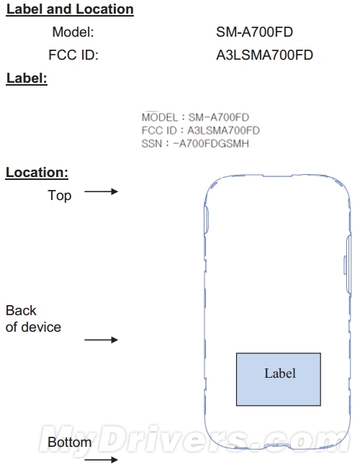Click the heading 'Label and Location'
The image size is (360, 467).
pyautogui.click(x=70, y=9)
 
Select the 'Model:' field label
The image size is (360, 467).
pyautogui.click(x=73, y=32)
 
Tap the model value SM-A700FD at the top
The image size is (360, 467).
pyautogui.click(x=254, y=32)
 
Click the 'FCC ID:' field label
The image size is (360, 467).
pyautogui.click(x=73, y=55)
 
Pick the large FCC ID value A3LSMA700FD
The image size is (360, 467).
pyautogui.click(x=265, y=55)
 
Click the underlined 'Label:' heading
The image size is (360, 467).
pyautogui.click(x=27, y=78)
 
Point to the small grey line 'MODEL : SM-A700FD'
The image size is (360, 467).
pyautogui.click(x=195, y=117)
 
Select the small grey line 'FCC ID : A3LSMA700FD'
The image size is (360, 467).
pyautogui.click(x=201, y=130)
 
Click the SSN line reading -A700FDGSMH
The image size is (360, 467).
pyautogui.click(x=195, y=144)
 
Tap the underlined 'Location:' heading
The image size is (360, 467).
pyautogui.click(x=37, y=173)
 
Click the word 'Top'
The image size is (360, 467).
pyautogui.click(x=60, y=196)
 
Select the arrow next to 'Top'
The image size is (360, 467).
pyautogui.click(x=102, y=191)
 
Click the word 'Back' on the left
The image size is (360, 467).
pyautogui.click(x=21, y=311)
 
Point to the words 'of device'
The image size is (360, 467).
pyautogui.click(x=33, y=327)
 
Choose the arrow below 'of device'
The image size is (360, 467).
pyautogui.click(x=102, y=340)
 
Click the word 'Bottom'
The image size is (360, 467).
pyautogui.click(x=69, y=443)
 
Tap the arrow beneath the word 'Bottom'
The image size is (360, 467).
pyautogui.click(x=102, y=460)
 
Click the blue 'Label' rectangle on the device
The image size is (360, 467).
pyautogui.click(x=279, y=379)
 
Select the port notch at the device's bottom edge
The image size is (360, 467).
pyautogui.click(x=277, y=445)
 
